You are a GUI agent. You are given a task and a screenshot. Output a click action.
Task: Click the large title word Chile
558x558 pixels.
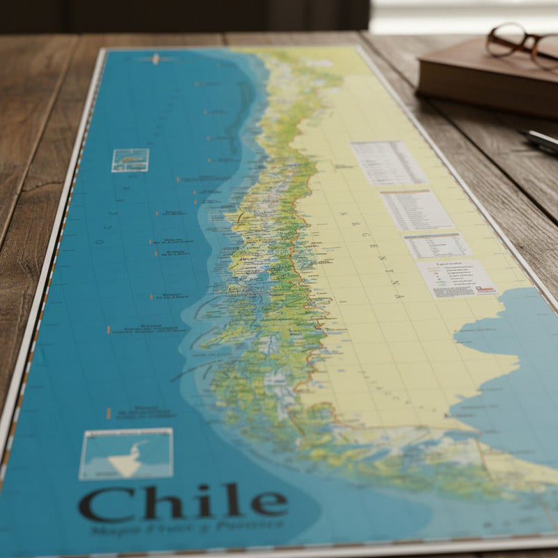(183, 502)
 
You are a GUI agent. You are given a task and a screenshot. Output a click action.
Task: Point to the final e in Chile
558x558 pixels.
(269, 502)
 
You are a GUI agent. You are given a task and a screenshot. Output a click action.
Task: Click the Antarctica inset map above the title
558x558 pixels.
(126, 453)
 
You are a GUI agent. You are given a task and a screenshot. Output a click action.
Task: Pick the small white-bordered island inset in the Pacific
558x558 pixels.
(130, 160)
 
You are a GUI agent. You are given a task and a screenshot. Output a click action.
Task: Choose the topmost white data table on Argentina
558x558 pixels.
(388, 163)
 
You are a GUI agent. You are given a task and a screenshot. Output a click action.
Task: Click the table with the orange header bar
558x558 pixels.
(416, 209)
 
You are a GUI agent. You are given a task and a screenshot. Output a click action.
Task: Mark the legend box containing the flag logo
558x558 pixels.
(457, 278)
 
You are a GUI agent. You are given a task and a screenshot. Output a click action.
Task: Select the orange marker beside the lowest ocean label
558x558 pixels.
(108, 413)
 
